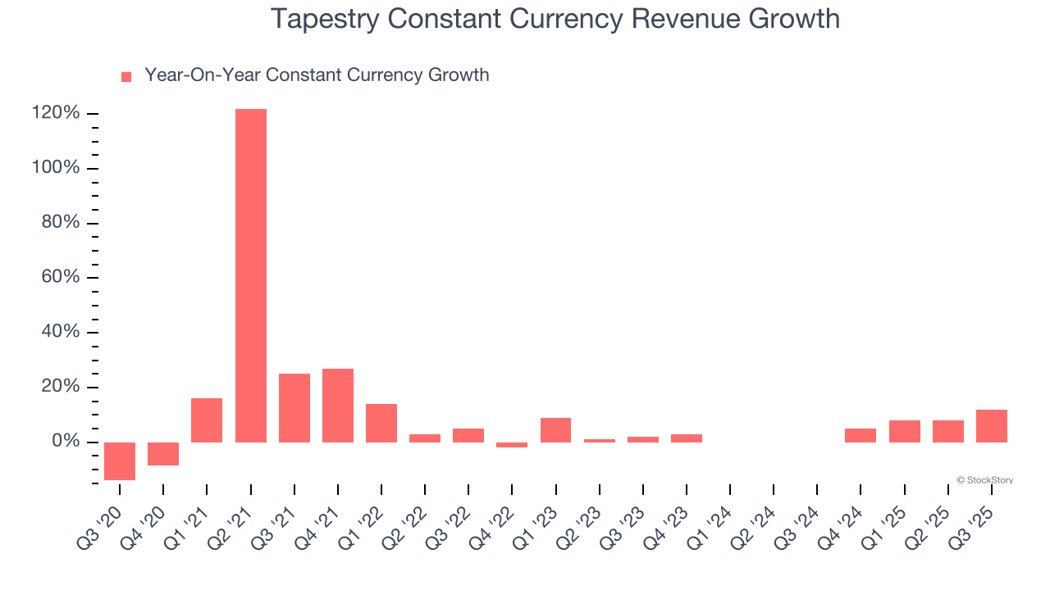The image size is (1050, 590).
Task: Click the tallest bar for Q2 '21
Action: (x=250, y=275)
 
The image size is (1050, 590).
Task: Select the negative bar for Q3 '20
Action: (x=120, y=461)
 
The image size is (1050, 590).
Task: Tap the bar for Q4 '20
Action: (x=163, y=454)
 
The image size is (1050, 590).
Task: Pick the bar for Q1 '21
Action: (x=207, y=420)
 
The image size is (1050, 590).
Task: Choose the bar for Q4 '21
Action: (x=338, y=406)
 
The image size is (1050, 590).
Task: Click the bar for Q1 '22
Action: (x=381, y=423)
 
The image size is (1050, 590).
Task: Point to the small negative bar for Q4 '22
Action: (x=512, y=445)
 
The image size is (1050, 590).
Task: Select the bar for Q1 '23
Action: (x=555, y=430)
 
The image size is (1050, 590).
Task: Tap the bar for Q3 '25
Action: (x=992, y=426)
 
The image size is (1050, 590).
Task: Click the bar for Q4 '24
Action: (x=861, y=435)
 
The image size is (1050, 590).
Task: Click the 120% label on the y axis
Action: (x=56, y=113)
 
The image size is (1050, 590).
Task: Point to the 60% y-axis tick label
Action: (x=61, y=277)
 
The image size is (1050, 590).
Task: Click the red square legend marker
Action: (x=126, y=77)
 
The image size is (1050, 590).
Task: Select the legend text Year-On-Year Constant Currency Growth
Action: (x=317, y=75)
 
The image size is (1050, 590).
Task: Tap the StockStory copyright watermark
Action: (x=984, y=480)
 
